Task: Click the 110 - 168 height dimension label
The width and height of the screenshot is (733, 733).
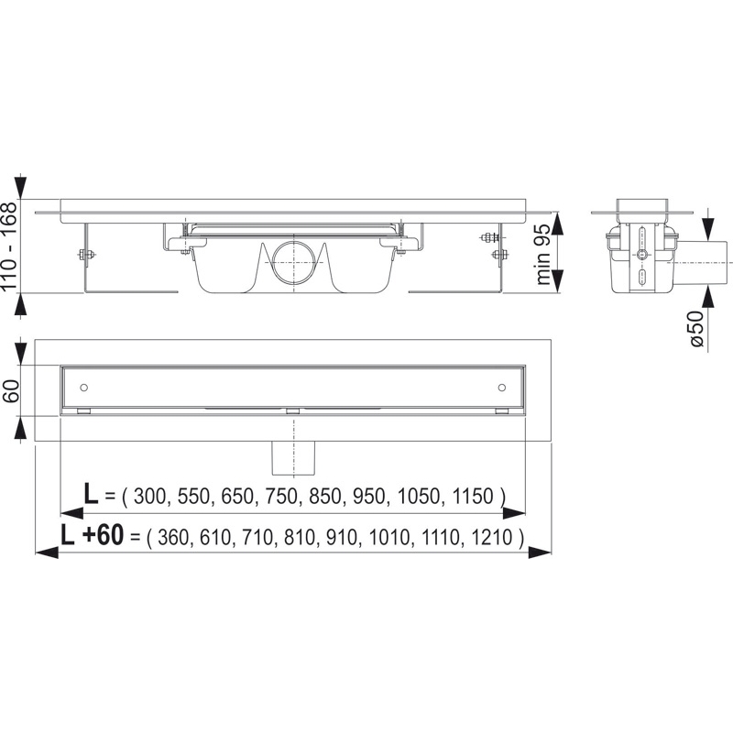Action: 10,245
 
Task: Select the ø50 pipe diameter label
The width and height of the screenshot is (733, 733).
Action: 696,328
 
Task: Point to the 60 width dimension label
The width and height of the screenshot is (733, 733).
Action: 12,390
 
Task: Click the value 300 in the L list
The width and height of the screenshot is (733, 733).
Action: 149,496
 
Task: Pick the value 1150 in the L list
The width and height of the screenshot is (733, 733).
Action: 473,496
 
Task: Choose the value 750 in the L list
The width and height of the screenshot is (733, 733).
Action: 281,496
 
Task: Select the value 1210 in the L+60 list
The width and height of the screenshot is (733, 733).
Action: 492,537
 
